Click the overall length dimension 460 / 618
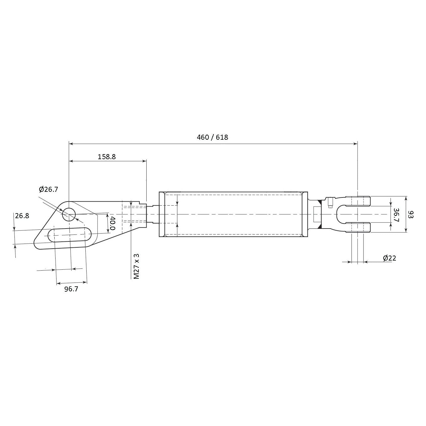[212, 137]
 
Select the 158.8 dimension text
[106, 156]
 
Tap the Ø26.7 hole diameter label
[48, 189]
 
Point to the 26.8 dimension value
[22, 216]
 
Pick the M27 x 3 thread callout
[136, 266]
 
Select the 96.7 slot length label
[71, 289]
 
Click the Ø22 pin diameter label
[389, 258]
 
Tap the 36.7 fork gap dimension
[396, 215]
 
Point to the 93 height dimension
[411, 215]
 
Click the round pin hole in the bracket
[69, 215]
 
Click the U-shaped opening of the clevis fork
[342, 214]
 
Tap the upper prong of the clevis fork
[358, 201]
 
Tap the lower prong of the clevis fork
[358, 228]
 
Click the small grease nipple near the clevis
[330, 202]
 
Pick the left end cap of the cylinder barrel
[162, 214]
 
